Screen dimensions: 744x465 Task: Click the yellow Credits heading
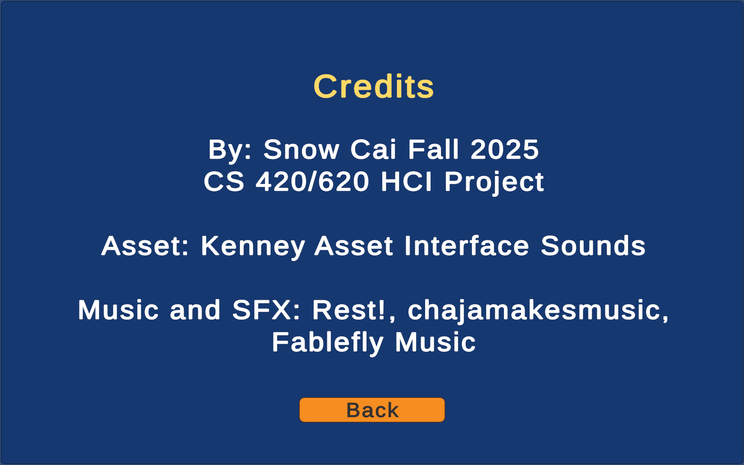click(373, 86)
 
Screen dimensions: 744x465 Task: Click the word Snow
click(301, 149)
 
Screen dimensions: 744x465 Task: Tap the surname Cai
click(373, 149)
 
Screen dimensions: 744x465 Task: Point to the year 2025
click(505, 149)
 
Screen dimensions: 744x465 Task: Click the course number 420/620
click(312, 181)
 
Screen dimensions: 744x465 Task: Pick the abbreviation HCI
click(407, 181)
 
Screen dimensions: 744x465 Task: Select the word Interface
click(466, 246)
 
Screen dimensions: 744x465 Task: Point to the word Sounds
click(593, 246)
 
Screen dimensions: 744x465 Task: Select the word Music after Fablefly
click(435, 342)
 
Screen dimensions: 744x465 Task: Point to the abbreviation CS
click(224, 181)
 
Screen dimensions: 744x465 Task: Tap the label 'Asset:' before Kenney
click(145, 246)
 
